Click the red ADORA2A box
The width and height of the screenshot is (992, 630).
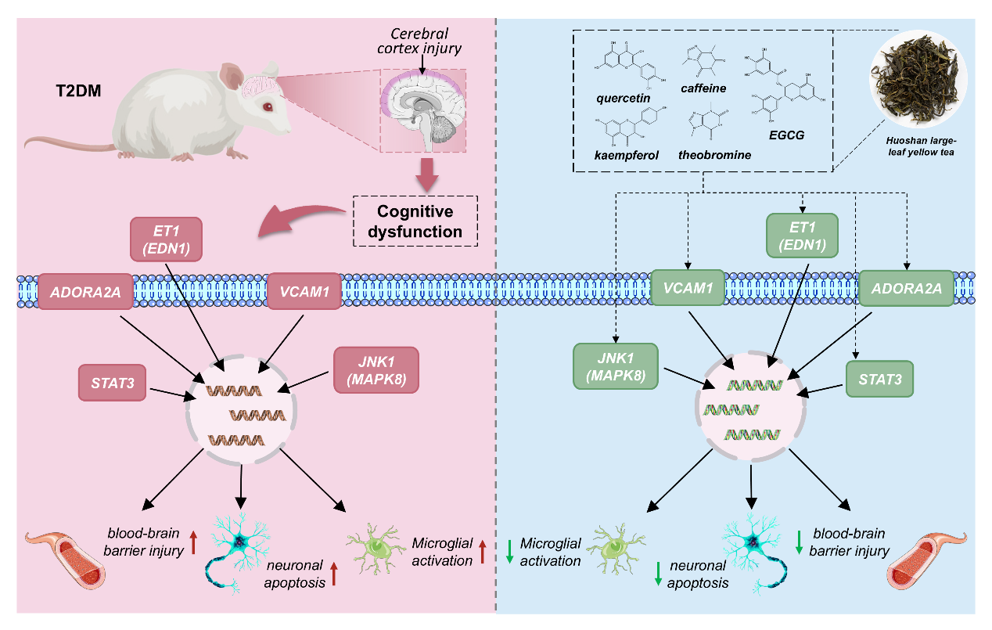pos(85,291)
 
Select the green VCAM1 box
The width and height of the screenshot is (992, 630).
pos(688,288)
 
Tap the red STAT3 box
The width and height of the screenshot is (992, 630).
pos(112,383)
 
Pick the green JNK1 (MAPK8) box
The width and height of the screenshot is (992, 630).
pos(616,366)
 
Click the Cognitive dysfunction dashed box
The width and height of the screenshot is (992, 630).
pos(415,221)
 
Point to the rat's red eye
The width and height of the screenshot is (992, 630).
pos(268,106)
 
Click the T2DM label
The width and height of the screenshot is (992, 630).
pos(78,91)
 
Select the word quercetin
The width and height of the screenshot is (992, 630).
pos(623,98)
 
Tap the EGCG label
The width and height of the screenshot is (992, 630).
pos(786,135)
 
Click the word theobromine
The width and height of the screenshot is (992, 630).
pos(714,155)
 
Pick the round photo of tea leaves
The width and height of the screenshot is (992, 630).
pos(918,79)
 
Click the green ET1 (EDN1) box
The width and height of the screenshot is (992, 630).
pos(802,236)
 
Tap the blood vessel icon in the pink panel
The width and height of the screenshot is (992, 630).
pos(66,560)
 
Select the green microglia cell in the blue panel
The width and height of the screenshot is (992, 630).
pos(616,549)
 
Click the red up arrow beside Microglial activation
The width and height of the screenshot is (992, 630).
pos(483,552)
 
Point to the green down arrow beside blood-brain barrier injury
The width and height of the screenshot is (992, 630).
pos(799,542)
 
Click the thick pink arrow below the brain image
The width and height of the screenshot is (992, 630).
pos(427,175)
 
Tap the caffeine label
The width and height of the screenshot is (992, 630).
pos(703,88)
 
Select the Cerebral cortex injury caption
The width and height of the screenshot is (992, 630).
pos(419,41)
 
